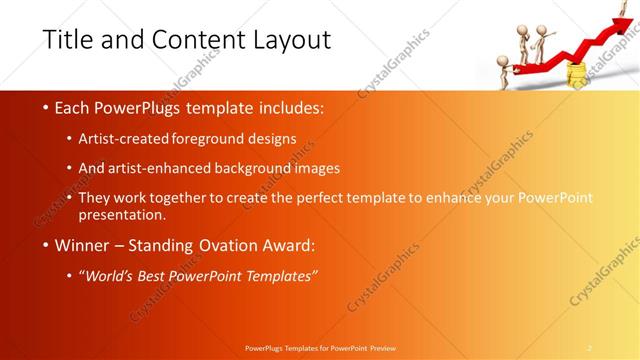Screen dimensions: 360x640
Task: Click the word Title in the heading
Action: point(69,41)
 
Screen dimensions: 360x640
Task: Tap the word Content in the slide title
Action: point(187,41)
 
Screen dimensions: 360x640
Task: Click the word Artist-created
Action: point(124,139)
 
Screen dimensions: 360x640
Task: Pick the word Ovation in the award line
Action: point(235,245)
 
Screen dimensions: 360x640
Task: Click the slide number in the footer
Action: point(590,347)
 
